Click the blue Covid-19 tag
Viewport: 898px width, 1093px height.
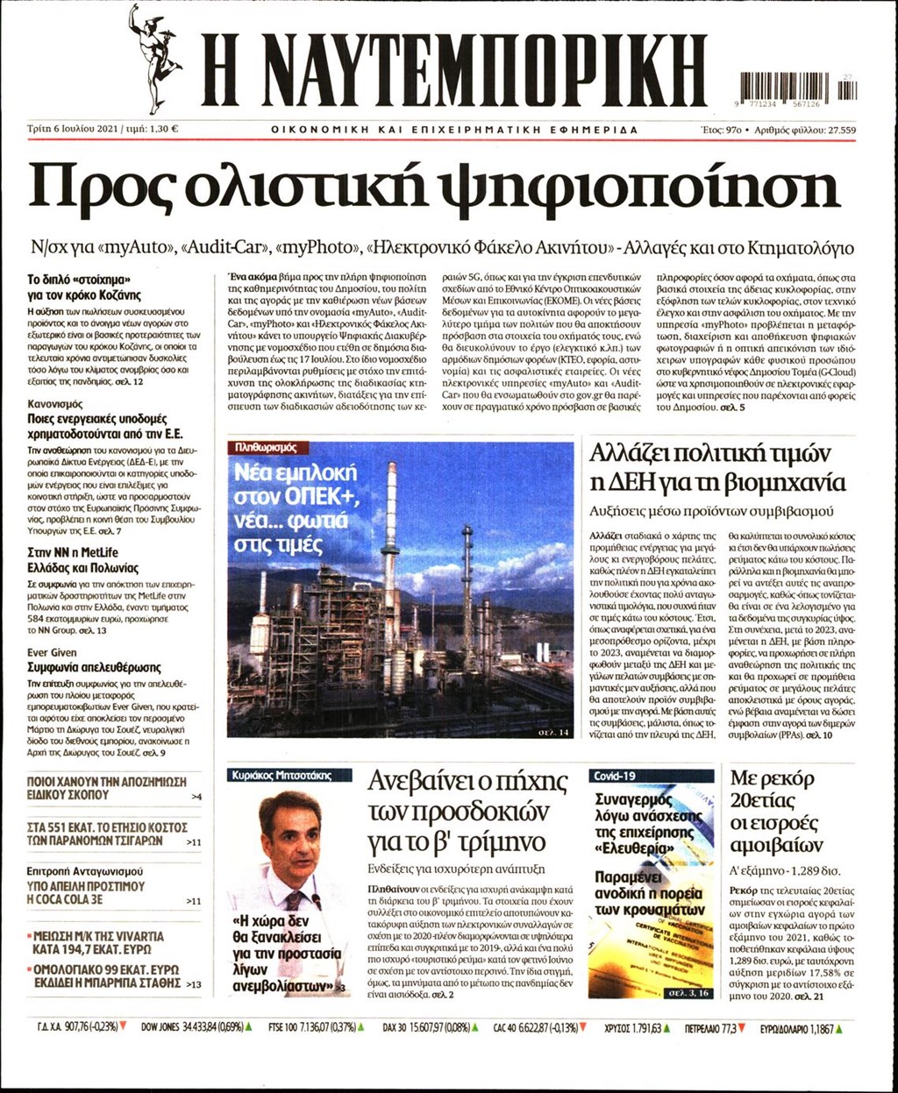tap(615, 777)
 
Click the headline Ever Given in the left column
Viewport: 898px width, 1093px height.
tap(52, 652)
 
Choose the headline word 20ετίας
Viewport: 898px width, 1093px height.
tap(762, 800)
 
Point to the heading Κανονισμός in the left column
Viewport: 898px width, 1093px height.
tap(55, 404)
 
